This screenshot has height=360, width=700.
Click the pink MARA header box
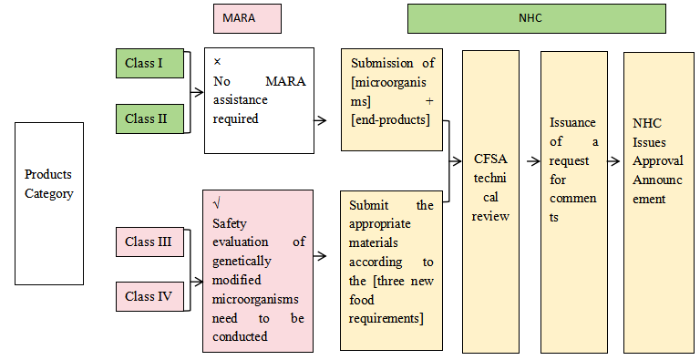pyautogui.click(x=246, y=18)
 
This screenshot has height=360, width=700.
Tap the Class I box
pyautogui.click(x=150, y=64)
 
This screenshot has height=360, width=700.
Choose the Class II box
pyautogui.click(x=150, y=118)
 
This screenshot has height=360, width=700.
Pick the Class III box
pyautogui.click(x=150, y=242)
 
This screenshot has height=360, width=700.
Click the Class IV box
pyautogui.click(x=150, y=296)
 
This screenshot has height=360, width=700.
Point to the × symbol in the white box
pyautogui.click(x=217, y=62)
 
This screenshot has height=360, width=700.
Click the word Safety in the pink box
pyautogui.click(x=231, y=222)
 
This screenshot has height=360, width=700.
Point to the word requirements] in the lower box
pyautogui.click(x=386, y=318)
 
